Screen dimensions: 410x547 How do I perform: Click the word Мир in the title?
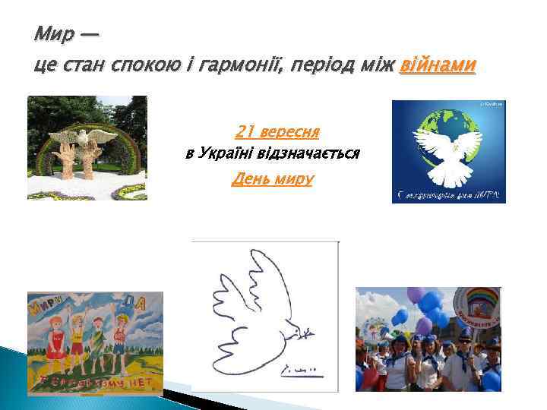pyautogui.click(x=55, y=35)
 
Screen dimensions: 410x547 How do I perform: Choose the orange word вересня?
pyautogui.click(x=285, y=131)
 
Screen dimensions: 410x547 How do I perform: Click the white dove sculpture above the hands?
pyautogui.click(x=85, y=137)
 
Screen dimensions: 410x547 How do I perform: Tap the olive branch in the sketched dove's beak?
pyautogui.click(x=305, y=332)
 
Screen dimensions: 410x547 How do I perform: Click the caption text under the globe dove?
pyautogui.click(x=448, y=197)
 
